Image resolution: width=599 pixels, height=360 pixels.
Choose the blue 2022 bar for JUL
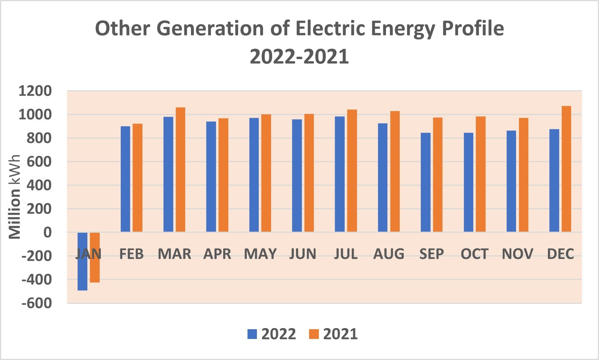(340, 174)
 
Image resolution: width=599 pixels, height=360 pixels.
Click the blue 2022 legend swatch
(252, 334)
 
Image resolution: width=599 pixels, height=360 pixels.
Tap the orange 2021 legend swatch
(314, 334)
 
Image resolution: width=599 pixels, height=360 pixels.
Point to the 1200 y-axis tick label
(35, 91)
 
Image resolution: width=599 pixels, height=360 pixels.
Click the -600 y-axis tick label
(36, 303)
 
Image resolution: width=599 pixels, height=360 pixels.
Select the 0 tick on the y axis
(47, 232)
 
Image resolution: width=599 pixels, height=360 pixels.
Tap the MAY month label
(260, 254)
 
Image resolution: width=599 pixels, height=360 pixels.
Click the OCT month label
(474, 254)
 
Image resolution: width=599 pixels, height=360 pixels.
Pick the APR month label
(217, 254)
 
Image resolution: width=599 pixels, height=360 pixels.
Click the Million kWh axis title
(15, 197)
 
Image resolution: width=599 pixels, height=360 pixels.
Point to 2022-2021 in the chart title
(299, 57)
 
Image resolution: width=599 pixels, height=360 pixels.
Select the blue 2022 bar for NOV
(511, 181)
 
